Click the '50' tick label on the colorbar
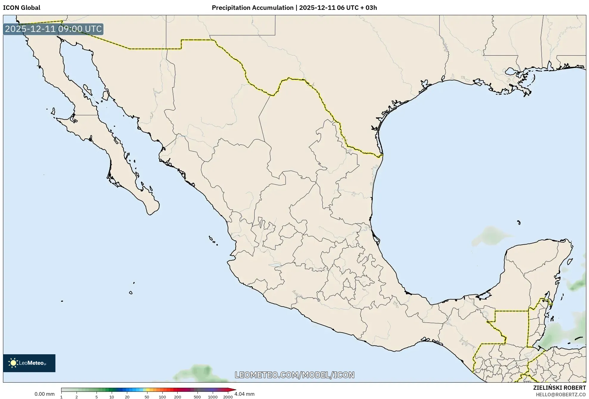(x=147, y=397)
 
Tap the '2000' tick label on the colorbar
(x=228, y=397)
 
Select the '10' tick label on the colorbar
(x=111, y=397)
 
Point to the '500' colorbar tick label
(x=197, y=397)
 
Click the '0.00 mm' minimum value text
(x=44, y=394)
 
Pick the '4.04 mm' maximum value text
(x=244, y=394)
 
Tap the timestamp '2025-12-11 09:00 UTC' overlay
(x=53, y=29)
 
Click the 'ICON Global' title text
(x=21, y=8)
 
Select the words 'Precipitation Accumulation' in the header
(x=252, y=8)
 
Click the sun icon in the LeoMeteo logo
(x=13, y=363)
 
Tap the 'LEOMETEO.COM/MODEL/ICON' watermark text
(x=294, y=375)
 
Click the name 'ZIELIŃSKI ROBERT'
(x=559, y=388)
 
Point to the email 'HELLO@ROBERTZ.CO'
(x=561, y=395)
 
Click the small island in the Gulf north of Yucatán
(x=519, y=222)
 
